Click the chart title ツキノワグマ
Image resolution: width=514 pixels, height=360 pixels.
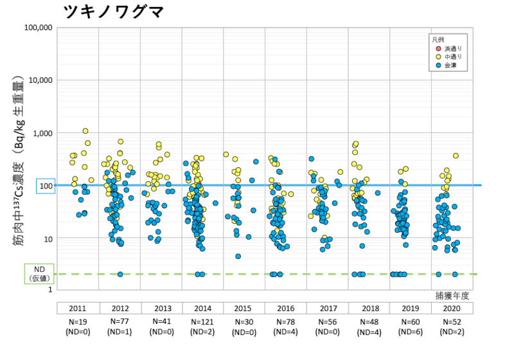point(114,11)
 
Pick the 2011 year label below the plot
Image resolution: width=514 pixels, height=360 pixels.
point(78,308)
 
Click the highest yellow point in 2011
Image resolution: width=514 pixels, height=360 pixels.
point(85,130)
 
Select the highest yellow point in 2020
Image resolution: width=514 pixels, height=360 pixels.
point(456,156)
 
